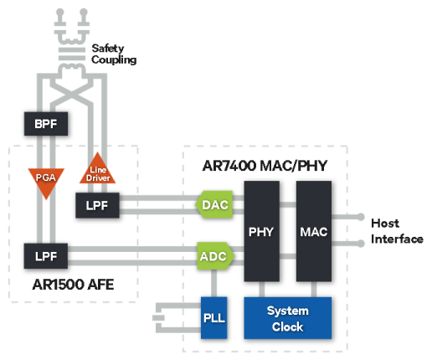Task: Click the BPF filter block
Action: pyautogui.click(x=46, y=124)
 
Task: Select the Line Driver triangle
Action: pyautogui.click(x=97, y=170)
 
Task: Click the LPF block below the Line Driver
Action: pyautogui.click(x=97, y=205)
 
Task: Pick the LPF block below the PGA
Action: pyautogui.click(x=46, y=256)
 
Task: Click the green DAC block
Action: pyautogui.click(x=214, y=204)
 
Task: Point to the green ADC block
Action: pyautogui.click(x=216, y=256)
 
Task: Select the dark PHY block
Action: pyautogui.click(x=262, y=231)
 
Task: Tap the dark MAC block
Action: pyautogui.click(x=314, y=231)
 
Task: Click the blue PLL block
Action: pyautogui.click(x=214, y=318)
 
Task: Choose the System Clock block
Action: pyautogui.click(x=288, y=318)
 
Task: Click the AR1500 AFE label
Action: pyautogui.click(x=73, y=285)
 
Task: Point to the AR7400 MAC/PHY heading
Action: pyautogui.click(x=265, y=166)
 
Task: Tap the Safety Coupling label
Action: pyautogui.click(x=114, y=54)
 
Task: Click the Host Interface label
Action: pyautogui.click(x=397, y=231)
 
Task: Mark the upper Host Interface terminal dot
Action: pyautogui.click(x=361, y=217)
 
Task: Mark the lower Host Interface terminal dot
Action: pyautogui.click(x=361, y=244)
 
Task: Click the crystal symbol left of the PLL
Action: pyautogui.click(x=158, y=318)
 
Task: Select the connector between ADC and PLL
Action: pyautogui.click(x=213, y=283)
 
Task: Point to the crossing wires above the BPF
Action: pyautogui.click(x=71, y=95)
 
